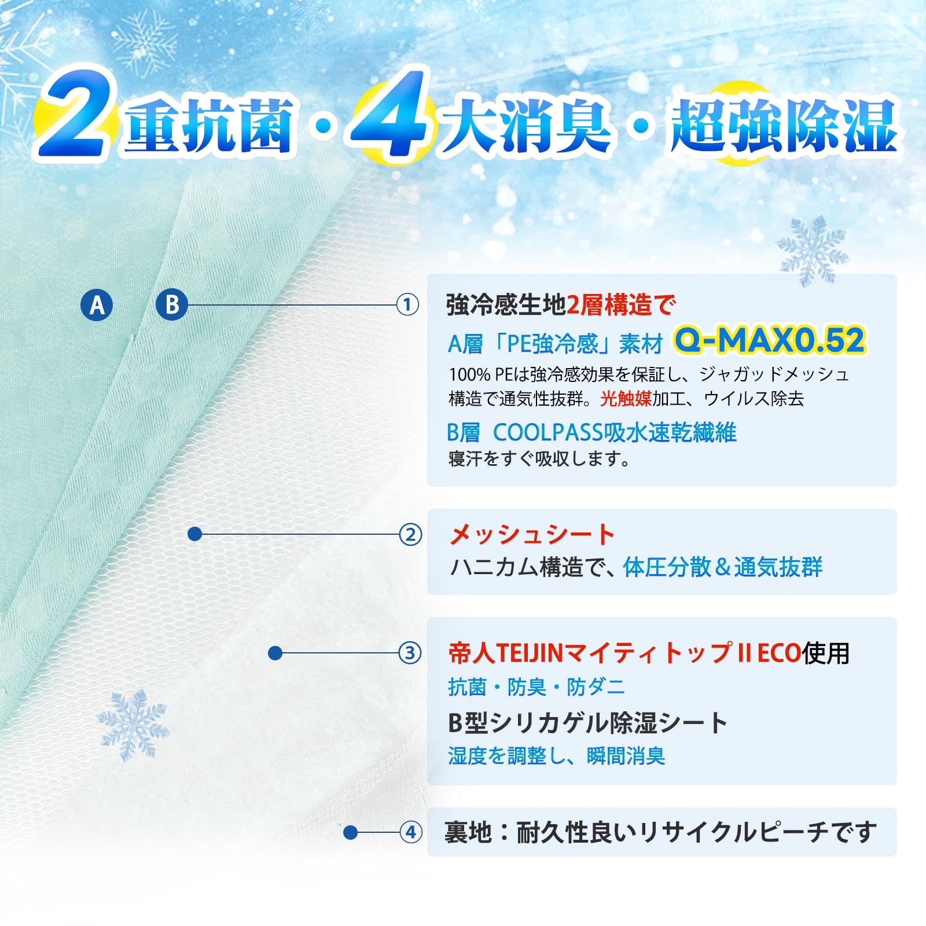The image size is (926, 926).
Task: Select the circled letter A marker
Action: (97, 305)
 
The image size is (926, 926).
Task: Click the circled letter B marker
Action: (172, 304)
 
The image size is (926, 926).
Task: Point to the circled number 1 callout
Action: (407, 304)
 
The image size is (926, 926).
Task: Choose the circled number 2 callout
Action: (410, 534)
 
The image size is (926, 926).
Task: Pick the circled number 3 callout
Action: (410, 653)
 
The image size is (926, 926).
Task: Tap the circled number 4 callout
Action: (411, 832)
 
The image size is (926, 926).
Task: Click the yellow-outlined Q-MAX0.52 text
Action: (770, 340)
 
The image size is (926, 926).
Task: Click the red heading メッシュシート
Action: (532, 534)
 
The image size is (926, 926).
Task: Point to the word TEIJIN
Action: (530, 653)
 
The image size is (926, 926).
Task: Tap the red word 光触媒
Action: (626, 398)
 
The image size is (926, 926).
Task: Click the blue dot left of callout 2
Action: (195, 534)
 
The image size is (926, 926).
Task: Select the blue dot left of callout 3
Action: (275, 653)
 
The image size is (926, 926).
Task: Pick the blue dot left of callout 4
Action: (350, 832)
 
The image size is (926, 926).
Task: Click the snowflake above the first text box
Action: (811, 251)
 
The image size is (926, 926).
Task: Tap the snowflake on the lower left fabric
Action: (133, 725)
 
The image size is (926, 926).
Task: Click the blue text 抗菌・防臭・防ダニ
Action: (537, 687)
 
